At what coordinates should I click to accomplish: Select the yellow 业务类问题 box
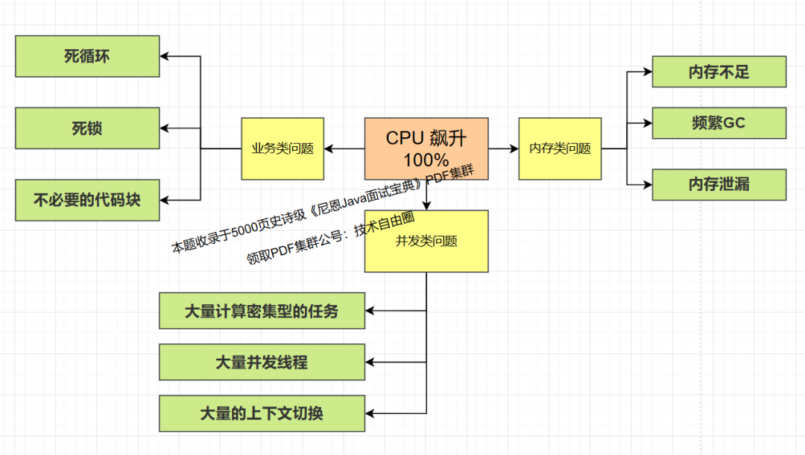(x=282, y=148)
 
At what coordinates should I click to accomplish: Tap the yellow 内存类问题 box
(x=560, y=148)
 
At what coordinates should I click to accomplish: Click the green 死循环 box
(x=87, y=56)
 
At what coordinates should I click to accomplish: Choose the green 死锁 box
(x=87, y=128)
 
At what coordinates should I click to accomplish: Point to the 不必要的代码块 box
(x=87, y=200)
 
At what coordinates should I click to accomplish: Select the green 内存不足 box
(x=719, y=72)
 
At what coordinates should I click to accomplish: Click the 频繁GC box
(x=719, y=123)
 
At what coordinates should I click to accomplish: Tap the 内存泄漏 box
(x=719, y=184)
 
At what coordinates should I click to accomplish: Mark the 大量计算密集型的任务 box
(x=262, y=311)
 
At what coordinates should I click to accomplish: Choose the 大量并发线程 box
(x=262, y=363)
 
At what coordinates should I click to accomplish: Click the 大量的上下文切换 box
(x=262, y=413)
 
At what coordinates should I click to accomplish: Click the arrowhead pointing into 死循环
(x=165, y=56)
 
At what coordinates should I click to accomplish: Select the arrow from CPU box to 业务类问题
(x=344, y=148)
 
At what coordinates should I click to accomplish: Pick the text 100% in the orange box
(x=426, y=160)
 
